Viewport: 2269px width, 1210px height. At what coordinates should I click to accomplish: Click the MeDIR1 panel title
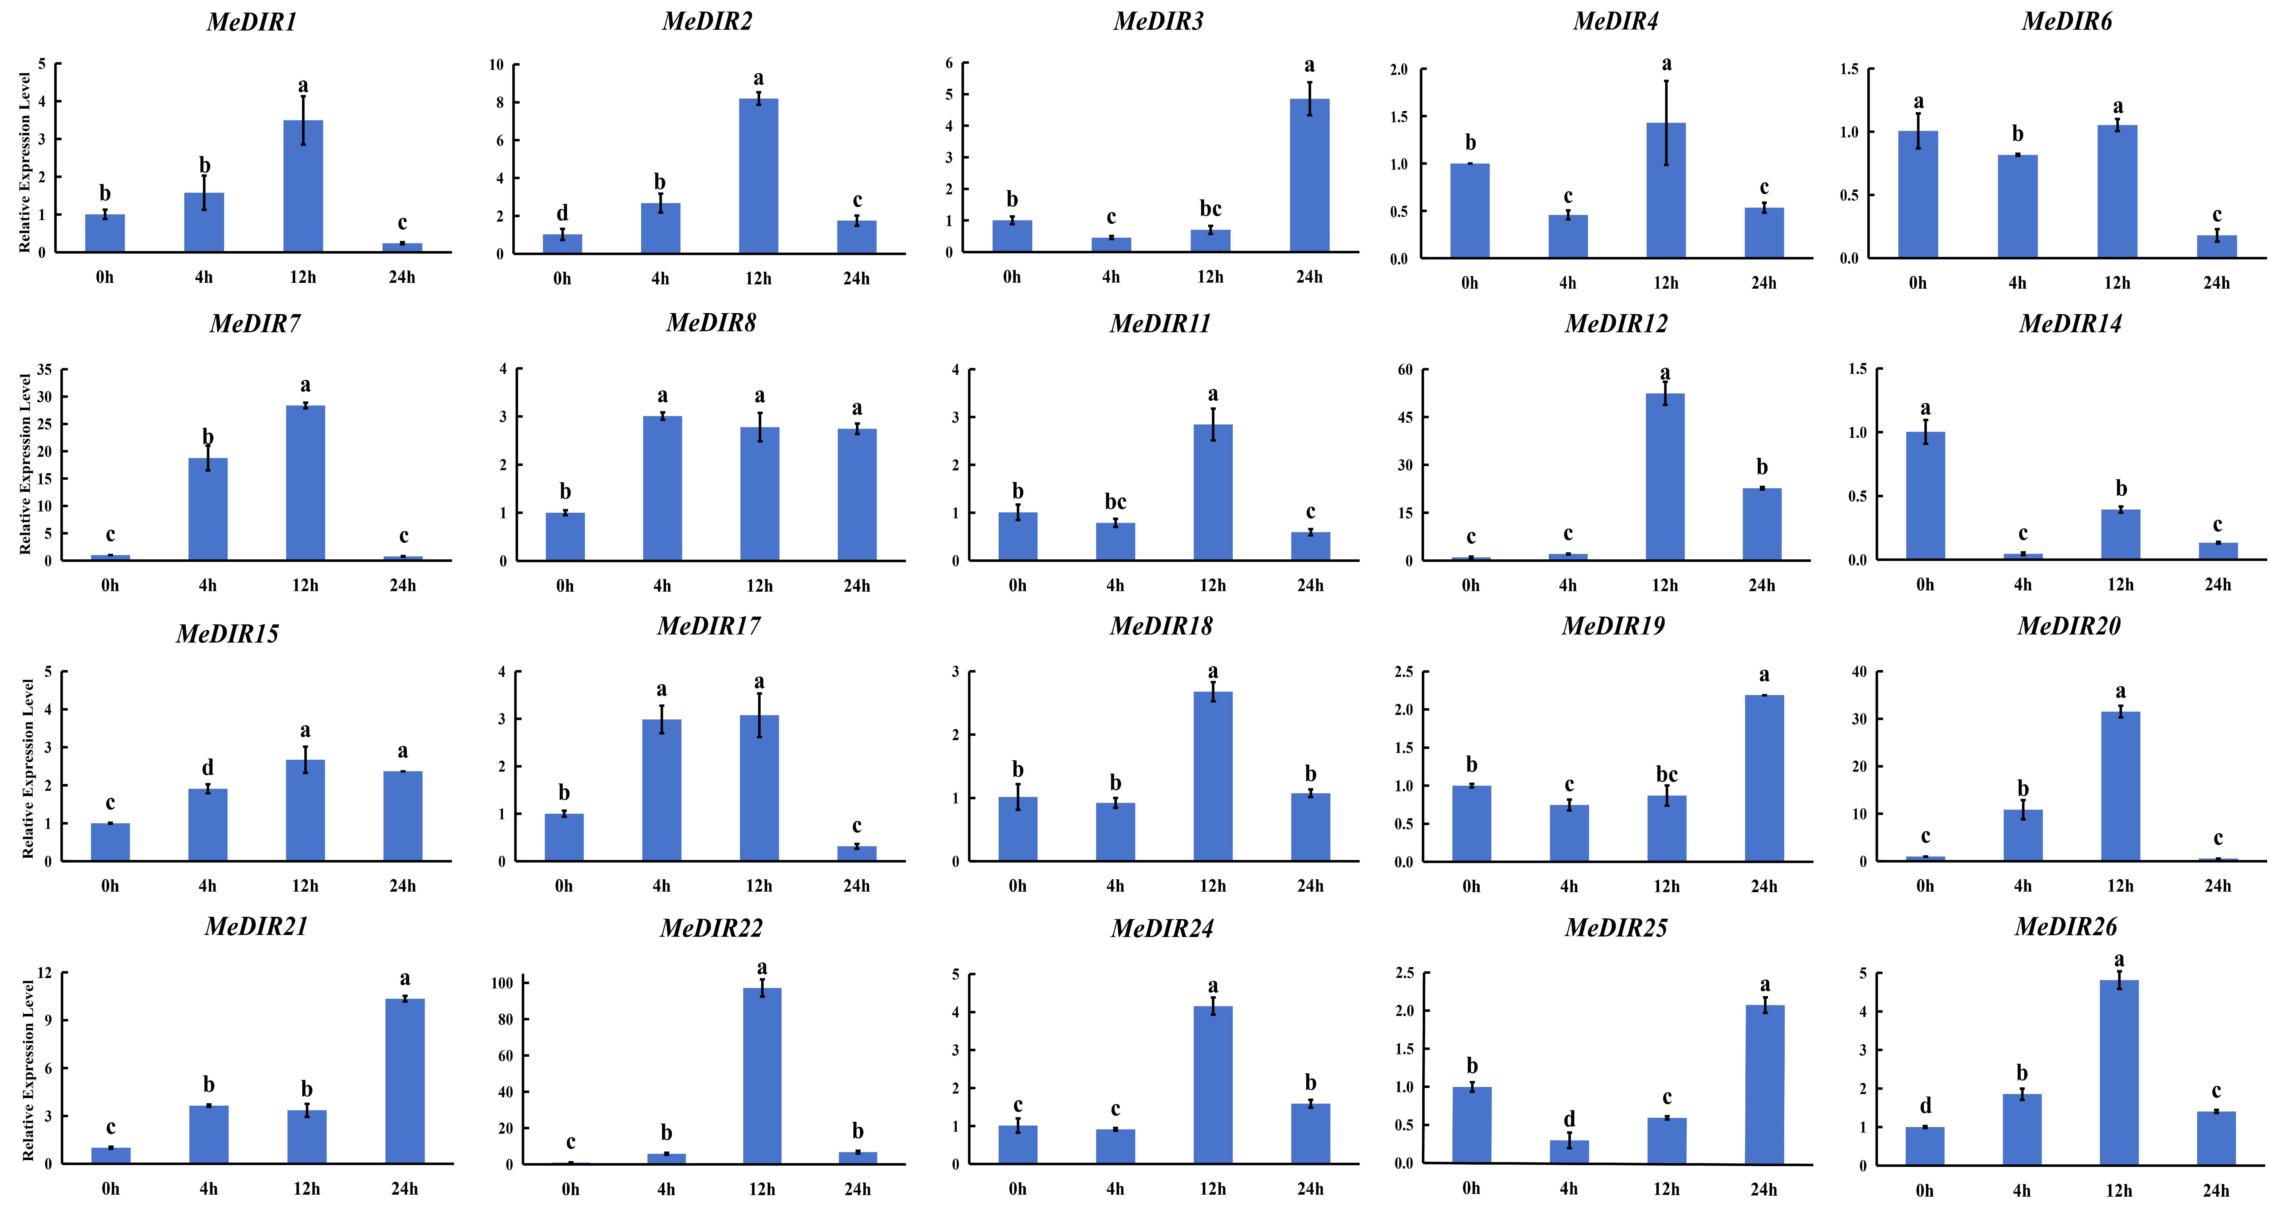(252, 22)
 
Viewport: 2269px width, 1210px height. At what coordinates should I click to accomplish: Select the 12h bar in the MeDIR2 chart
(758, 176)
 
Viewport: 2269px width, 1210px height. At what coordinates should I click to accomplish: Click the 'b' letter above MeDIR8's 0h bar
(565, 491)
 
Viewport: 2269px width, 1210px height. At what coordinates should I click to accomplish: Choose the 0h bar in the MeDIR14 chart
(1925, 496)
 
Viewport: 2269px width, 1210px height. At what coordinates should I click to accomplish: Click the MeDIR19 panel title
(1614, 626)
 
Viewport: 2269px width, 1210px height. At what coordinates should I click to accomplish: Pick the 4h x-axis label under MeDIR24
(1115, 1189)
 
